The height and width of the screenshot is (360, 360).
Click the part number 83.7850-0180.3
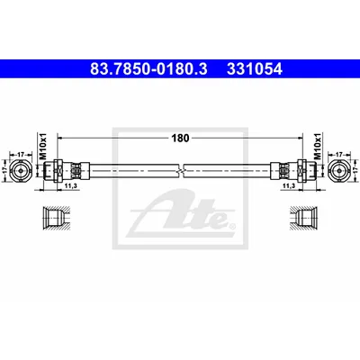[148, 69]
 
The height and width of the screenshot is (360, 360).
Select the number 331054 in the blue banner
[255, 69]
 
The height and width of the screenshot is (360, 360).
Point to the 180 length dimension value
[180, 138]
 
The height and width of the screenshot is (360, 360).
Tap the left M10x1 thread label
[43, 146]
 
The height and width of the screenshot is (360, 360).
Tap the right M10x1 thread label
[318, 146]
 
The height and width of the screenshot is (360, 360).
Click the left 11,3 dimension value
[71, 186]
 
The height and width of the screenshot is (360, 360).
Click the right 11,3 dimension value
[289, 186]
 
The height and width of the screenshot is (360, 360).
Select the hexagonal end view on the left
[21, 170]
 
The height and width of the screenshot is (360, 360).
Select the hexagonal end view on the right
[339, 170]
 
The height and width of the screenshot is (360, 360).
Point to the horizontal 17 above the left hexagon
[21, 155]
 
